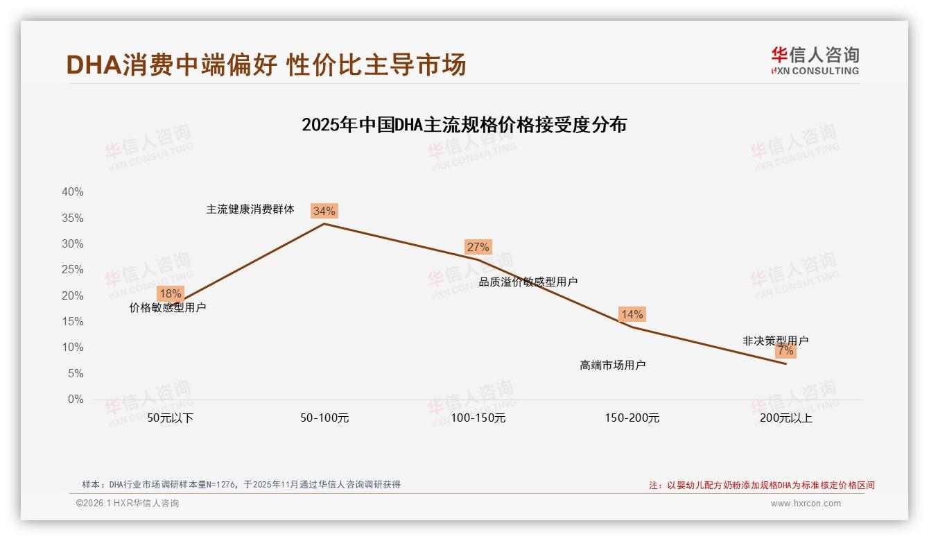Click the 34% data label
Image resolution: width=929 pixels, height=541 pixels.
click(324, 211)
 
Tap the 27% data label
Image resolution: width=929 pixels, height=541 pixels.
click(478, 247)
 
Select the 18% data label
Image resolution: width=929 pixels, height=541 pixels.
click(170, 293)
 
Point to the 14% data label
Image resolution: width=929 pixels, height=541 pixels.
click(632, 314)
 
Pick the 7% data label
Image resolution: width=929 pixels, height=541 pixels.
click(785, 351)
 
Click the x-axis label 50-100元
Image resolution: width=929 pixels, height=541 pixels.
click(324, 418)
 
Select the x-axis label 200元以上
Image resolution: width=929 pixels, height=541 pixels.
click(785, 418)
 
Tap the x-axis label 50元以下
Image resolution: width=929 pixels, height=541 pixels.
click(171, 418)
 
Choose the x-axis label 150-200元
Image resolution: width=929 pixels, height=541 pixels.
click(632, 418)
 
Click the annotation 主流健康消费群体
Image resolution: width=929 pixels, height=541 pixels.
click(250, 209)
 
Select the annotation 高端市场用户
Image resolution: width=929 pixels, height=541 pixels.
click(612, 365)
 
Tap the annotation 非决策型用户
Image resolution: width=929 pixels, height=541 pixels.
click(775, 341)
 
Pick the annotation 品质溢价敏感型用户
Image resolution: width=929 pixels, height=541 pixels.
click(528, 282)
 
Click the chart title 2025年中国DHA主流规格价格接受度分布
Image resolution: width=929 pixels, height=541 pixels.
click(464, 125)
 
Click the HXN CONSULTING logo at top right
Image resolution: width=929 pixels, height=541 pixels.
click(815, 61)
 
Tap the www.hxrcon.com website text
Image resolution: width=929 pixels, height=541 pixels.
click(805, 504)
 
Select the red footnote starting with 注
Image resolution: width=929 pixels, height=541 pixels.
click(761, 486)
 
